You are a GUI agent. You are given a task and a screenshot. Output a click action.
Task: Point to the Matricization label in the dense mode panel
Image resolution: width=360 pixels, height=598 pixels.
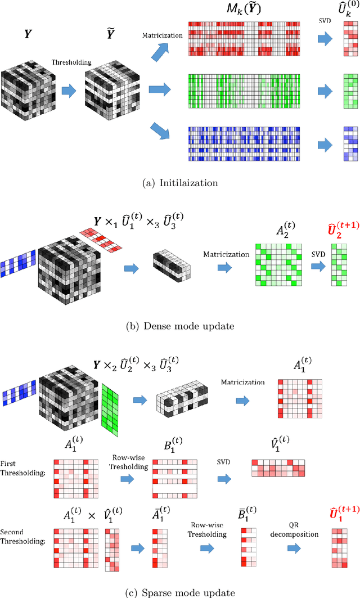tap(225, 254)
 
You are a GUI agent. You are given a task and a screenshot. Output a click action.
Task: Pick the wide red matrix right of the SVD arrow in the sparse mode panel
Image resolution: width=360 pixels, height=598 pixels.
tap(278, 468)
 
